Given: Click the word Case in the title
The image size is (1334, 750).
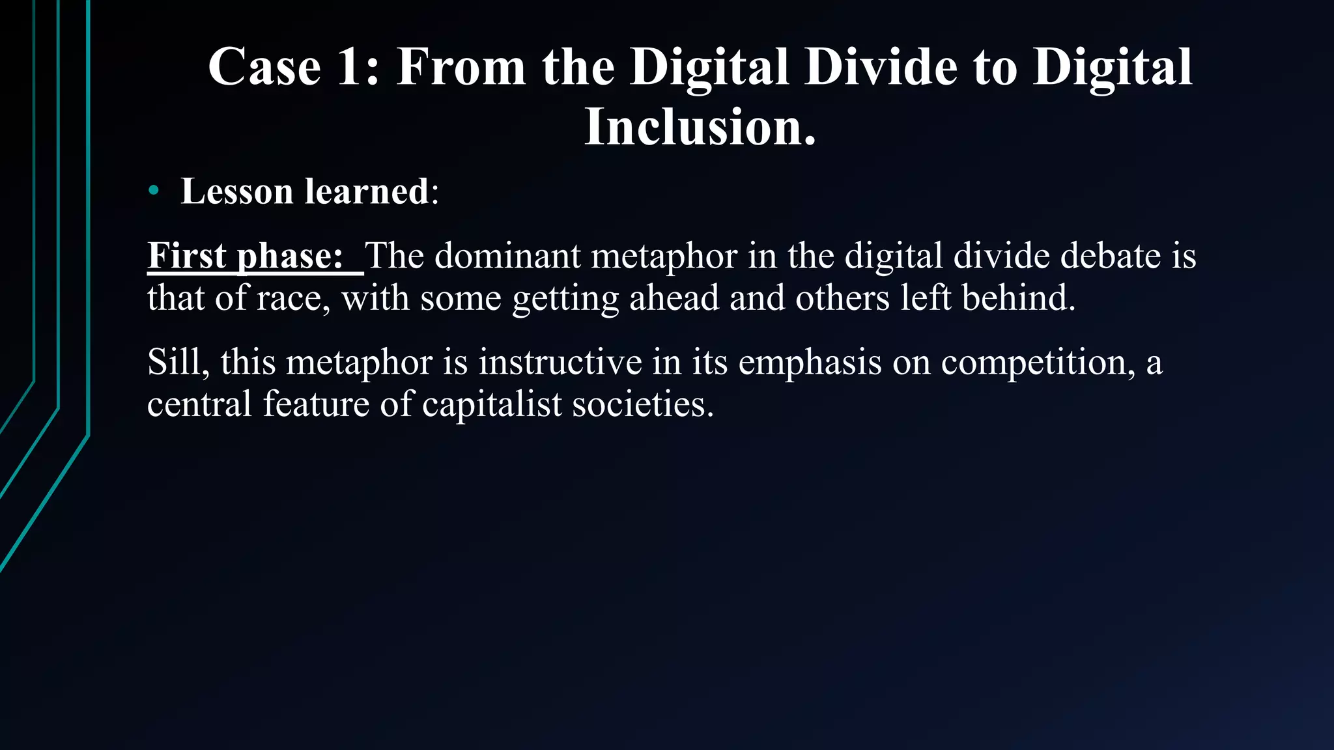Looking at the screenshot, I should [x=264, y=67].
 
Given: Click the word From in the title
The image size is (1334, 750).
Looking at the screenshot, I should [x=461, y=67].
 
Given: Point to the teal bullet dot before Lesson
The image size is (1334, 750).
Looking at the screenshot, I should [x=154, y=191].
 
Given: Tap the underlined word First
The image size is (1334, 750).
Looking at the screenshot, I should [x=186, y=255].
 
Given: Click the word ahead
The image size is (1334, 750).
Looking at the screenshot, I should [x=674, y=298].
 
